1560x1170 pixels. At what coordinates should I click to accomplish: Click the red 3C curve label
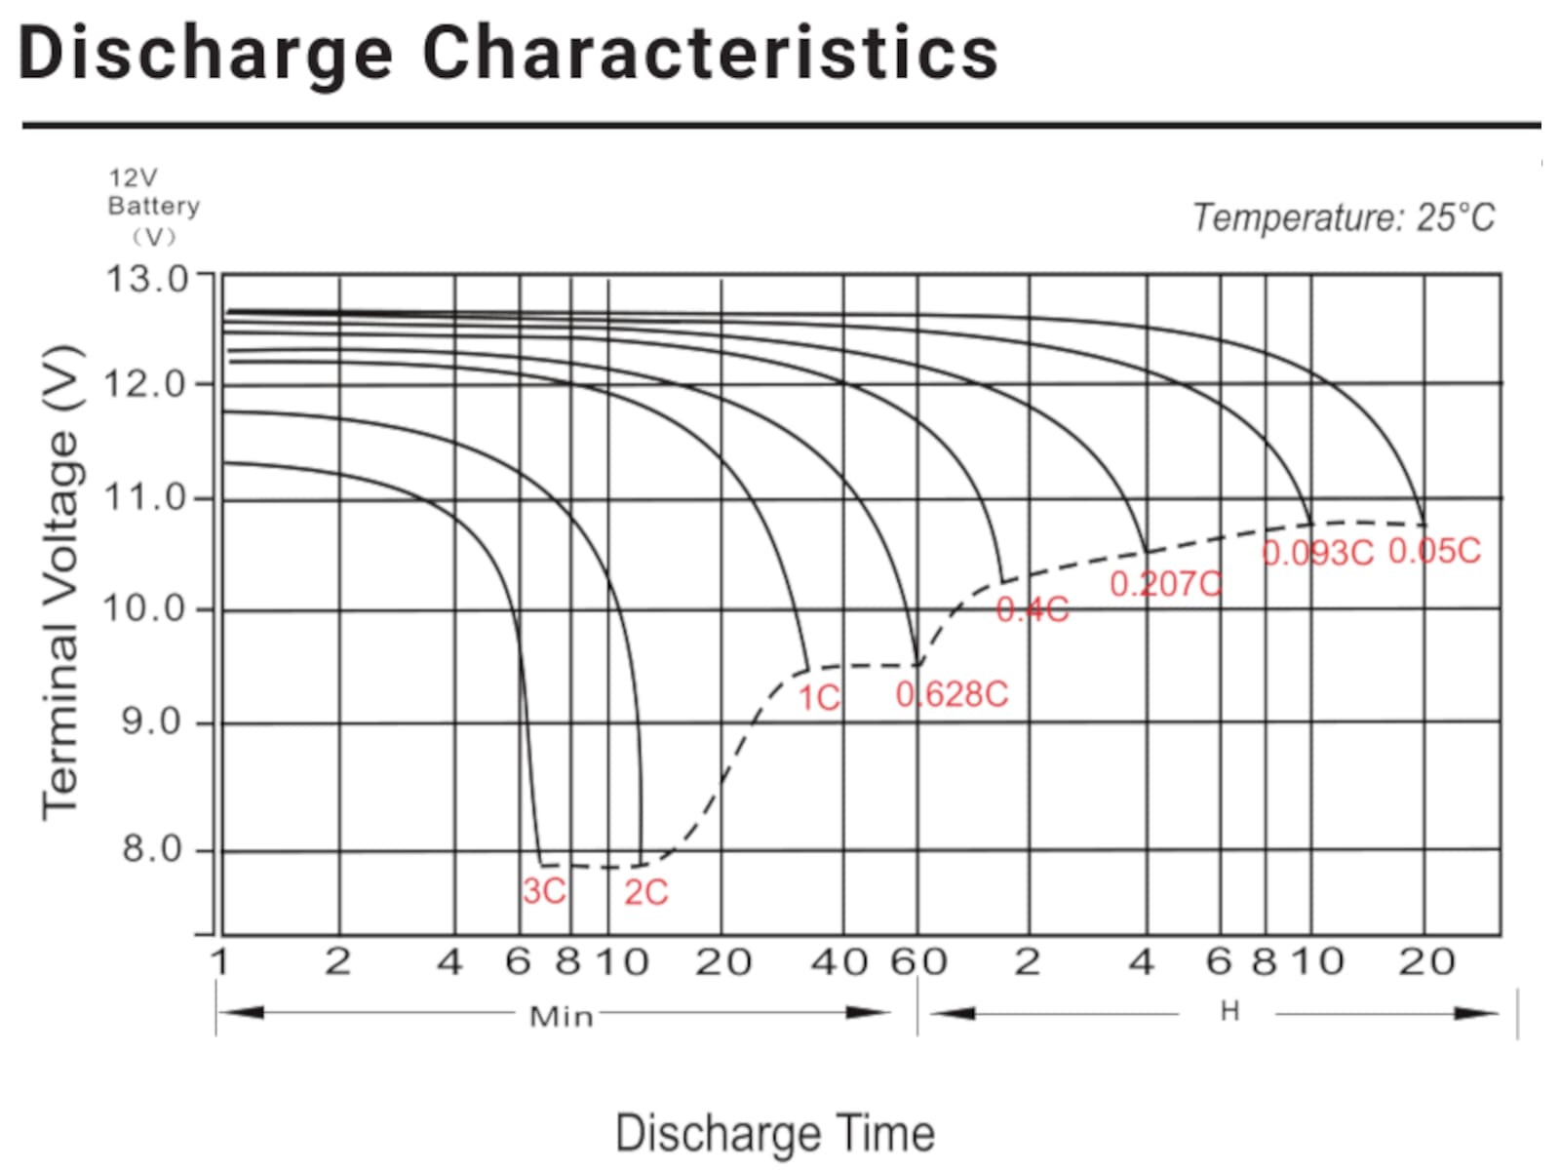coord(544,891)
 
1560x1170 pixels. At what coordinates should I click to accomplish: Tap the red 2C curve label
coord(645,892)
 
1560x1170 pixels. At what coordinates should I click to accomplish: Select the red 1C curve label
coord(819,698)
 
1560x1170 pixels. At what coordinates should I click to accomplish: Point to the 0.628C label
coord(952,694)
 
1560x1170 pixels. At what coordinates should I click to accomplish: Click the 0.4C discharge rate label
coord(1033,610)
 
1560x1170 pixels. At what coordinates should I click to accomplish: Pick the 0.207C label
coord(1165,584)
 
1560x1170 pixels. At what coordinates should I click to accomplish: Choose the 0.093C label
coord(1317,553)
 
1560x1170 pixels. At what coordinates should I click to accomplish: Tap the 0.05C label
coord(1434,551)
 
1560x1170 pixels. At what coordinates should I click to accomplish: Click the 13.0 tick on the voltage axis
coord(147,279)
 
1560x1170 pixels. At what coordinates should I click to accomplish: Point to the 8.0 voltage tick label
coord(152,849)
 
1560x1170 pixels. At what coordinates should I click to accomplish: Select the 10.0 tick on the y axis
coord(144,608)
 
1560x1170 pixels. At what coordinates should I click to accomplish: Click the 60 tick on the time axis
coord(918,962)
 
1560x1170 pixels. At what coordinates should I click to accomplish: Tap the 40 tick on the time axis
coord(838,962)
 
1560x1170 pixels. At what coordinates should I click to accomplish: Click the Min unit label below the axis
coord(561,1017)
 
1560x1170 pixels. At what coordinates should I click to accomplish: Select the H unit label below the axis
coord(1229,1012)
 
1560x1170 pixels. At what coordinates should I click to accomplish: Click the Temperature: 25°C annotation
coord(1344,216)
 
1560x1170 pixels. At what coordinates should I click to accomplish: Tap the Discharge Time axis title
coord(775,1134)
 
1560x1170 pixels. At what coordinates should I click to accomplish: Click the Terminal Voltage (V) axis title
coord(60,581)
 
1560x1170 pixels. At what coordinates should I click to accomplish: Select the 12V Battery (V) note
coord(153,207)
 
